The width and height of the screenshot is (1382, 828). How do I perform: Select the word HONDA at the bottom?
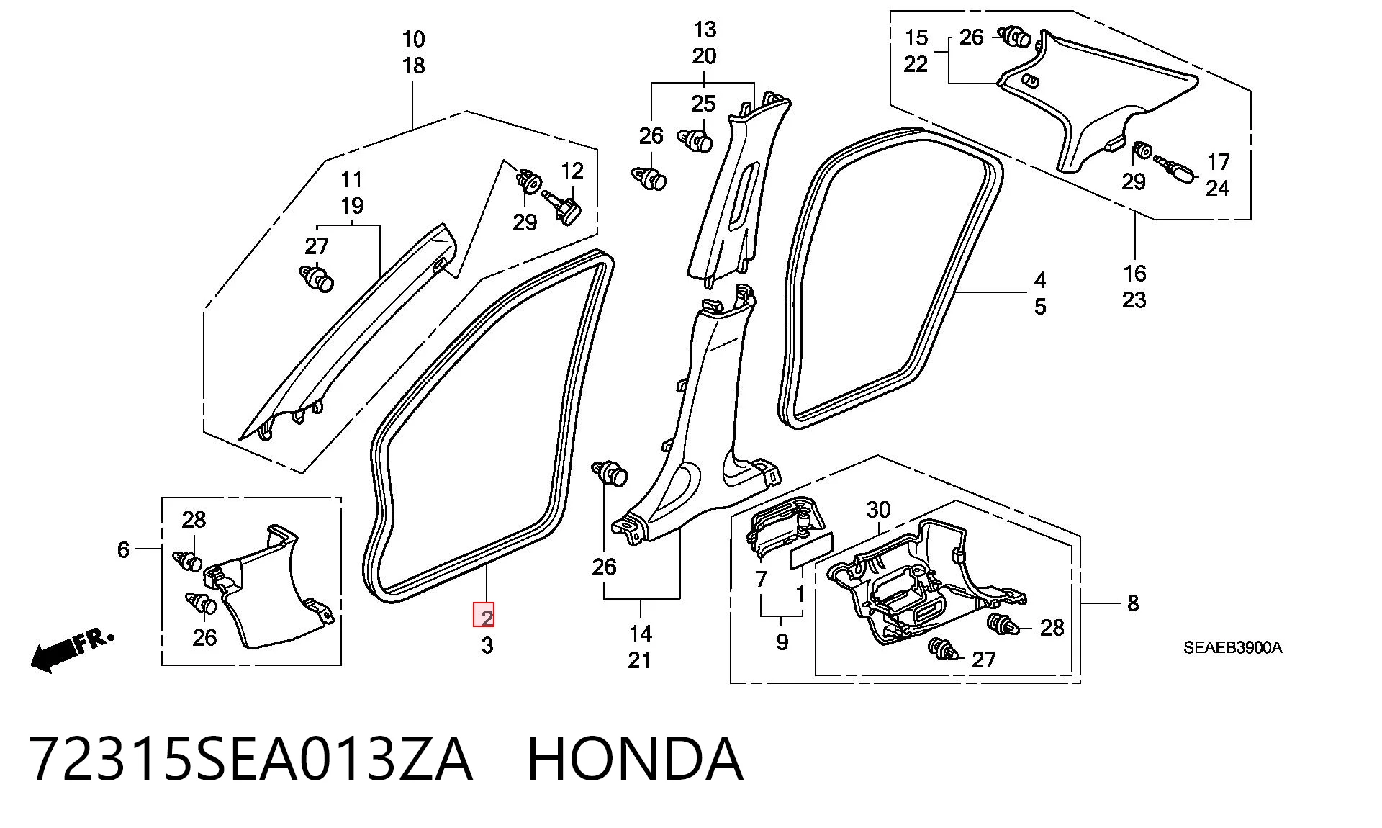pyautogui.click(x=635, y=759)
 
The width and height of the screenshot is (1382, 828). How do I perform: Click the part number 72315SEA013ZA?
pyautogui.click(x=251, y=759)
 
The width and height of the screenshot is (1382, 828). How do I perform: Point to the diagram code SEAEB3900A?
pyautogui.click(x=1232, y=647)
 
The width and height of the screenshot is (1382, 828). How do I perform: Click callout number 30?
pyautogui.click(x=878, y=510)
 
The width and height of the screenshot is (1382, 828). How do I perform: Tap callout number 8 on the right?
pyautogui.click(x=1132, y=603)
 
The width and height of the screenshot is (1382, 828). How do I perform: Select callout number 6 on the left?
pyautogui.click(x=123, y=549)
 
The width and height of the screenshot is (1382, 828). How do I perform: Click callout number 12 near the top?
pyautogui.click(x=572, y=171)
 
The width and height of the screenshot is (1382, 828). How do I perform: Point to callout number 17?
pyautogui.click(x=1218, y=161)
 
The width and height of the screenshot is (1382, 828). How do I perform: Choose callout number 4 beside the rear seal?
pyautogui.click(x=1039, y=280)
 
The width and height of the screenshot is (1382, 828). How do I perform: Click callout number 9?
pyautogui.click(x=782, y=642)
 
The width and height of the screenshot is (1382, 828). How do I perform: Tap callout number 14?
pyautogui.click(x=640, y=634)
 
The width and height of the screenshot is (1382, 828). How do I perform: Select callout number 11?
pyautogui.click(x=351, y=179)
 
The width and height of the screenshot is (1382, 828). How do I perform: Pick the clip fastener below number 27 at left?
pyautogui.click(x=317, y=278)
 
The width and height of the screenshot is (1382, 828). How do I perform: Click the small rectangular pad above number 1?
pyautogui.click(x=810, y=552)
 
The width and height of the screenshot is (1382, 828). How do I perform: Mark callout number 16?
pyautogui.click(x=1134, y=273)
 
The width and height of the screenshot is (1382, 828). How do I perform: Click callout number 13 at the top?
pyautogui.click(x=705, y=30)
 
